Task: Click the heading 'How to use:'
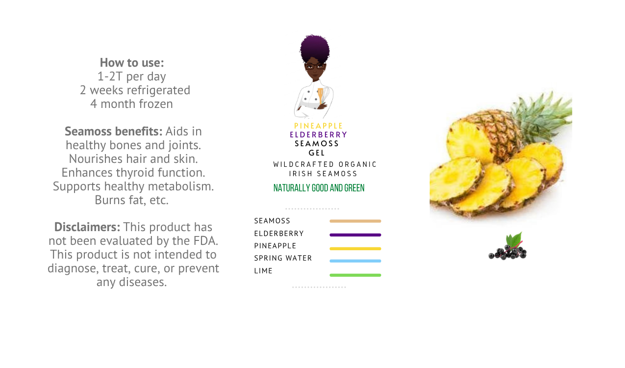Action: (x=132, y=62)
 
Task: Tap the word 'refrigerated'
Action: (x=159, y=90)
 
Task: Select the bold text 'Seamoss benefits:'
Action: (x=113, y=131)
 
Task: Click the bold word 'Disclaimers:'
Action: (x=87, y=227)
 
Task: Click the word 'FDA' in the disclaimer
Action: (x=205, y=241)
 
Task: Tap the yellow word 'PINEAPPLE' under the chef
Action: (x=318, y=126)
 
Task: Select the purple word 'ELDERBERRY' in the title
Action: (x=318, y=135)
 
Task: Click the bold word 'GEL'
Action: (x=317, y=153)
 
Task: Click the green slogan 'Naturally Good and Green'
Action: (x=319, y=188)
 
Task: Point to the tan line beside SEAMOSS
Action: (x=355, y=221)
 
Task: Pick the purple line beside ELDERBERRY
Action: (x=355, y=235)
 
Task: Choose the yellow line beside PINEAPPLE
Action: (x=355, y=248)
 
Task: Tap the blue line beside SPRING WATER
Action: (x=355, y=261)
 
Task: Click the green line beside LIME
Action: (x=355, y=275)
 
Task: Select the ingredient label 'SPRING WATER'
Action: (x=283, y=258)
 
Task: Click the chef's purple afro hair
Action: (x=315, y=48)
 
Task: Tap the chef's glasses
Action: (x=315, y=66)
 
